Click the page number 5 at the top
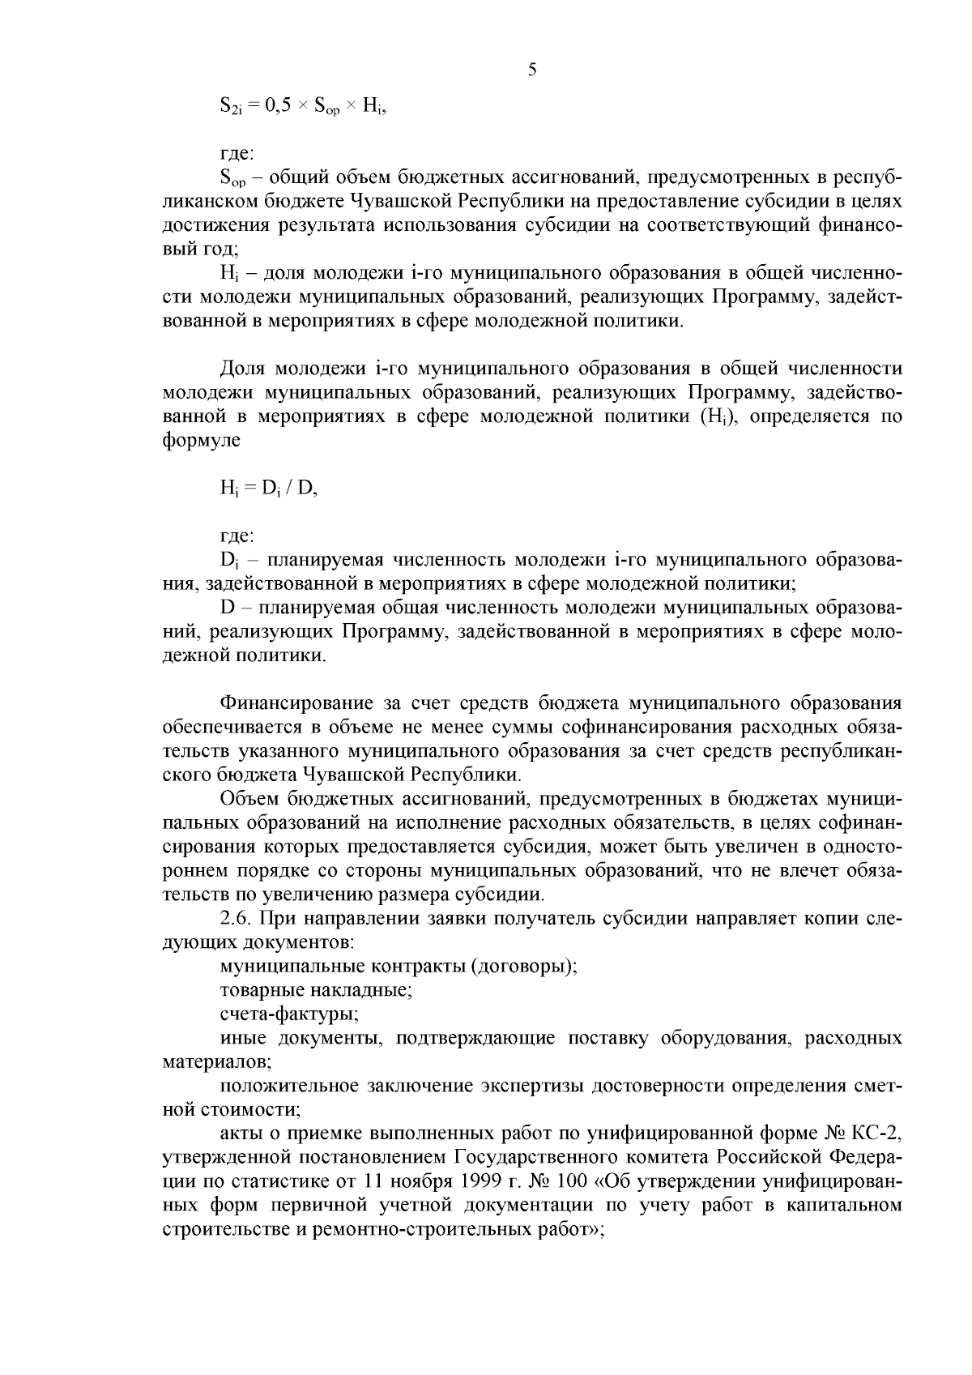tap(532, 70)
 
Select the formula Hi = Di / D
tap(268, 489)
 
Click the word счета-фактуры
tap(289, 1014)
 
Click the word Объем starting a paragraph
tap(249, 798)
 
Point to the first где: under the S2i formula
tap(237, 152)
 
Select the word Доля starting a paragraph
tap(243, 369)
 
